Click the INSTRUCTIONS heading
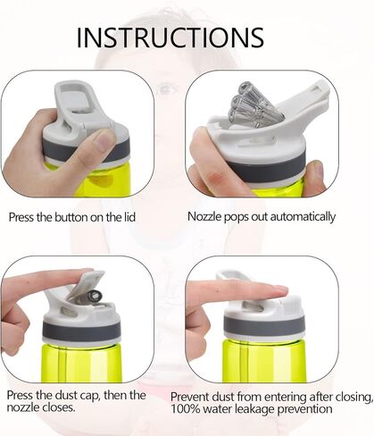click(x=170, y=38)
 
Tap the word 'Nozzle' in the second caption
click(x=204, y=216)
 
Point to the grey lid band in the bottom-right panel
click(x=264, y=325)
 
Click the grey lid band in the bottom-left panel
click(x=81, y=331)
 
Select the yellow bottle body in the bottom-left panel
click(x=81, y=363)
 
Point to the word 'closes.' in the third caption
click(x=58, y=407)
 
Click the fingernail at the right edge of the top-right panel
click(x=318, y=171)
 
